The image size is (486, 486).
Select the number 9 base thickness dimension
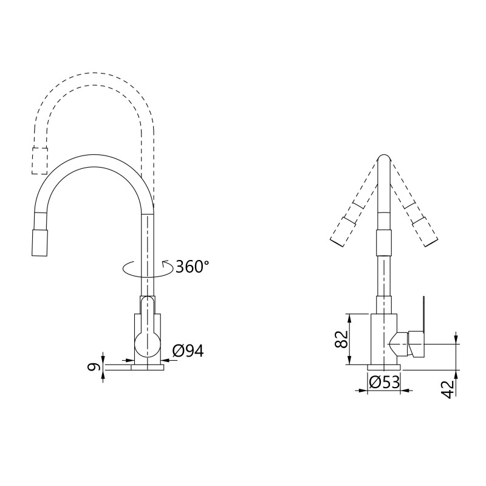pos(92,367)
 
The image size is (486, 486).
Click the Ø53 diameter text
pos(384,383)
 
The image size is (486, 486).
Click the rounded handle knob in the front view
pos(147,344)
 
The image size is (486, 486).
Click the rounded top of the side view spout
pos(384,159)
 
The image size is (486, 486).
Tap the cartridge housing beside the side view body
pos(410,344)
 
